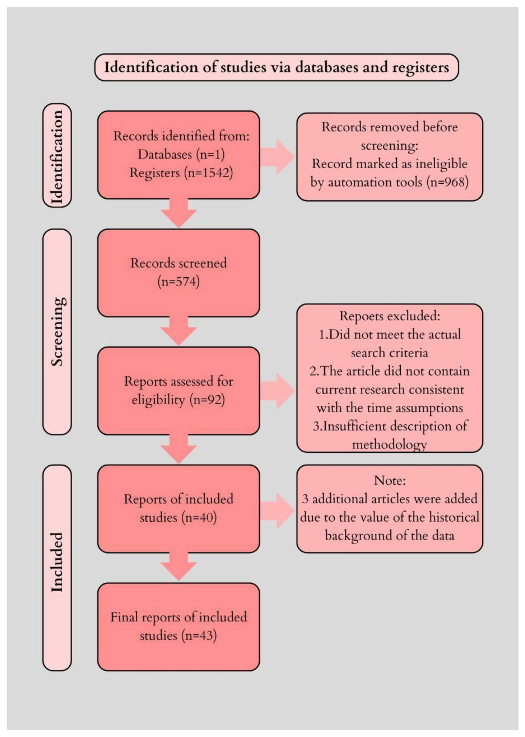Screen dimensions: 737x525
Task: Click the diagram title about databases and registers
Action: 276,67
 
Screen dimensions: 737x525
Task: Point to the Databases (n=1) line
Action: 181,155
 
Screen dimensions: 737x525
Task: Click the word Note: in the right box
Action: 390,481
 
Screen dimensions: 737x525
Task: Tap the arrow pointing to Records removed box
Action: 277,157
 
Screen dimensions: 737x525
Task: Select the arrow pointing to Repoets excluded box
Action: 277,391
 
